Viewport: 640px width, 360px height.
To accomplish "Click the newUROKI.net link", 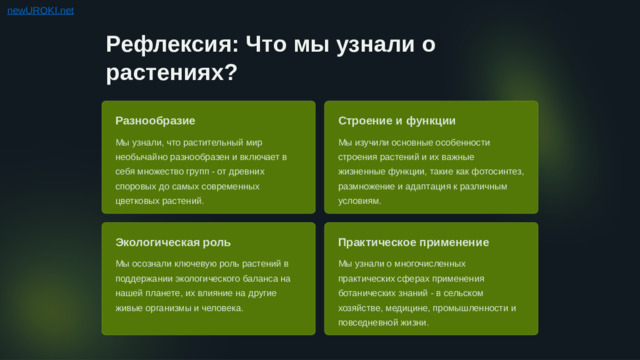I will point(40,10).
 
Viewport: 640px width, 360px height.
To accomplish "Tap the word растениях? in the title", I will point(171,73).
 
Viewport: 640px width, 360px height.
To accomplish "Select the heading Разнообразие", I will point(155,121).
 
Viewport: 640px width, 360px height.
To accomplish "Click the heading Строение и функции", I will point(397,121).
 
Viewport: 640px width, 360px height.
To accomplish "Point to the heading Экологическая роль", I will point(173,243).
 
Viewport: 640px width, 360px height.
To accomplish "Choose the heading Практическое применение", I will point(413,243).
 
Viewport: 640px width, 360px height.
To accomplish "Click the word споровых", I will point(136,186).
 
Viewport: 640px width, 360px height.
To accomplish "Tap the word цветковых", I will point(138,201).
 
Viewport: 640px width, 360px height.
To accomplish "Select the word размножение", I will point(370,186).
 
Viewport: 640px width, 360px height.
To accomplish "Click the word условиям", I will point(359,201).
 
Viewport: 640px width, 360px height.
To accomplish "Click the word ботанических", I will point(372,293).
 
